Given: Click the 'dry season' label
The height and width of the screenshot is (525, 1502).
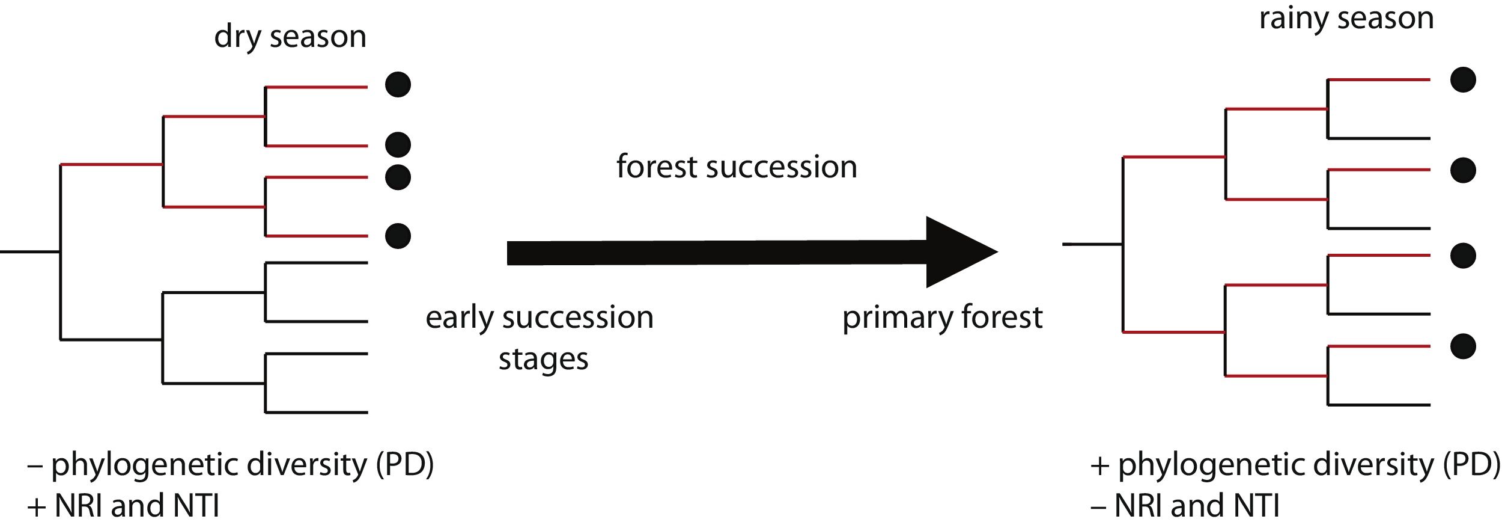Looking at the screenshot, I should pyautogui.click(x=290, y=37).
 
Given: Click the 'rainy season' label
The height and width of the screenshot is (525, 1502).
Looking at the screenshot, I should pyautogui.click(x=1346, y=19).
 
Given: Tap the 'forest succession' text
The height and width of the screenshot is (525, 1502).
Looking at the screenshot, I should pyautogui.click(x=737, y=167).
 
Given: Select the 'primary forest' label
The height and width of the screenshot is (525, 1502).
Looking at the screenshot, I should pyautogui.click(x=942, y=318).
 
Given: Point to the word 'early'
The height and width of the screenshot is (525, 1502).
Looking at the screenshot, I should pyautogui.click(x=460, y=318).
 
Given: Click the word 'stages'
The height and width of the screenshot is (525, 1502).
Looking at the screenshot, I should pyautogui.click(x=543, y=360).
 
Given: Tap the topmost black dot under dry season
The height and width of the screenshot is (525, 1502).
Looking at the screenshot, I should pyautogui.click(x=398, y=84).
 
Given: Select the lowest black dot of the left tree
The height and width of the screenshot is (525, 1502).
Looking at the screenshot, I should pyautogui.click(x=398, y=236).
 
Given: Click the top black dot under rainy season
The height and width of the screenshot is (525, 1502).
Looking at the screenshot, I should pyautogui.click(x=1463, y=80).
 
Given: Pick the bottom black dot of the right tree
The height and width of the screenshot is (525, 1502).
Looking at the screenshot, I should pyautogui.click(x=1463, y=346).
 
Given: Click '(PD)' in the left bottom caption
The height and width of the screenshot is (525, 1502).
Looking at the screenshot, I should pyautogui.click(x=405, y=465).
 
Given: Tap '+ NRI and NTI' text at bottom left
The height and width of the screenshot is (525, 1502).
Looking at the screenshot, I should pyautogui.click(x=123, y=506).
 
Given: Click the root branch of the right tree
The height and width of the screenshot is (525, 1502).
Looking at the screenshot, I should pyautogui.click(x=1092, y=244).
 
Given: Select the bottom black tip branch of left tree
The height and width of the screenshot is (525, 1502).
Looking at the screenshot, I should pyautogui.click(x=317, y=413).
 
